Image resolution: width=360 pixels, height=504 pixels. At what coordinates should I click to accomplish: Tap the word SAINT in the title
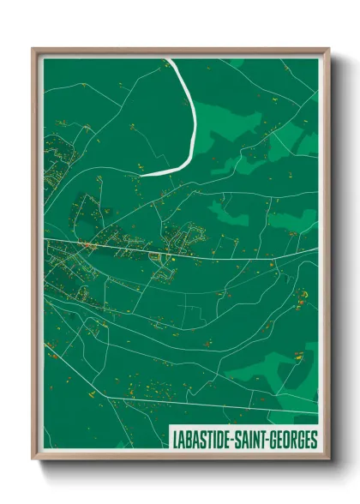pos(252,440)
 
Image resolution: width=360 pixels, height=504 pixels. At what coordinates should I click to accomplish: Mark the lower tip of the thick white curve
pos(142,174)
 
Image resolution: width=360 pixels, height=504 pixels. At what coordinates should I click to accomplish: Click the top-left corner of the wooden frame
pos(33,49)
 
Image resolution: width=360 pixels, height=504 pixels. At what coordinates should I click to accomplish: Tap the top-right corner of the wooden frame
pos(328,49)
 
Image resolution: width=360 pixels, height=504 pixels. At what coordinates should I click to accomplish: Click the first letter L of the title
pos(175,440)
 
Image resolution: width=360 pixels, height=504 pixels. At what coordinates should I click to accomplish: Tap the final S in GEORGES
pos(314,440)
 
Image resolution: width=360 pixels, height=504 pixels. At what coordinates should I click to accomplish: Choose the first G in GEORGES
pos(277,440)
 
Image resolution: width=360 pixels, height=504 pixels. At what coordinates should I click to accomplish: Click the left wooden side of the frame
pos(35,257)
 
